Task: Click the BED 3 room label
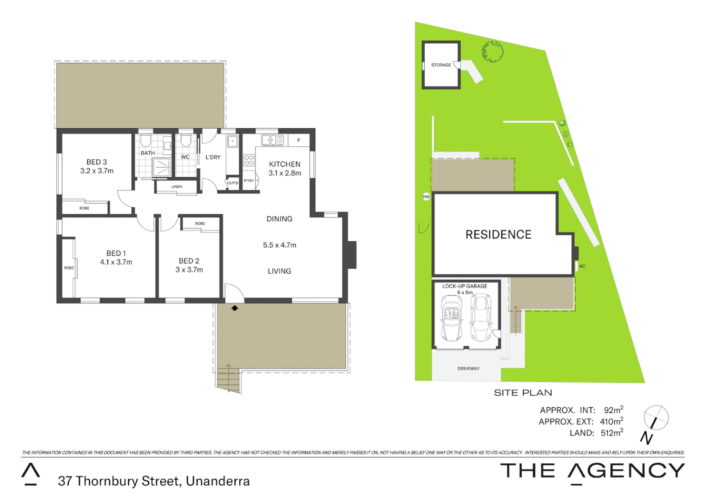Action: pyautogui.click(x=97, y=162)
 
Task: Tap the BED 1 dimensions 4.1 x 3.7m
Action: pyautogui.click(x=116, y=262)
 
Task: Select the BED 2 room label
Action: pyautogui.click(x=189, y=261)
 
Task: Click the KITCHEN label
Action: pyautogui.click(x=284, y=164)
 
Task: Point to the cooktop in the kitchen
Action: pyautogui.click(x=249, y=160)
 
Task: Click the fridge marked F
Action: pyautogui.click(x=299, y=140)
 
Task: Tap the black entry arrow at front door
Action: pyautogui.click(x=235, y=308)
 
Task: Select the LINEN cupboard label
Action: pyautogui.click(x=177, y=187)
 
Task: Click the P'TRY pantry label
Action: pyautogui.click(x=249, y=181)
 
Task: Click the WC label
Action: pyautogui.click(x=185, y=157)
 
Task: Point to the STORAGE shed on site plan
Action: pyautogui.click(x=441, y=65)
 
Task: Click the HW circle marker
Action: pyautogui.click(x=426, y=197)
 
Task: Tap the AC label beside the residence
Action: pyautogui.click(x=582, y=266)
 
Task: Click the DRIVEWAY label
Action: pyautogui.click(x=468, y=369)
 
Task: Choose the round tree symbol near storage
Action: pyautogui.click(x=493, y=52)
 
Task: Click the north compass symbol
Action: pyautogui.click(x=655, y=418)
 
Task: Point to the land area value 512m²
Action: pyautogui.click(x=611, y=433)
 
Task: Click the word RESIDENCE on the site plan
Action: pyautogui.click(x=498, y=235)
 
